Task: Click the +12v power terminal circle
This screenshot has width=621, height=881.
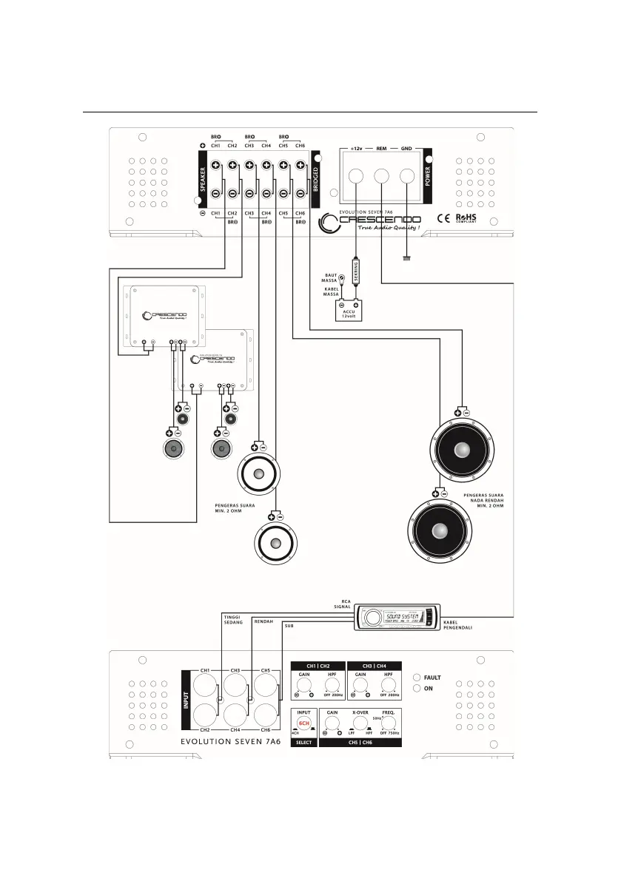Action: [x=356, y=177]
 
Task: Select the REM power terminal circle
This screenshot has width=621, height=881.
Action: [x=382, y=177]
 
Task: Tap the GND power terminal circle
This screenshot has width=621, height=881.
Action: [x=407, y=177]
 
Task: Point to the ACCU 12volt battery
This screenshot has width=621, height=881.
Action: [x=349, y=311]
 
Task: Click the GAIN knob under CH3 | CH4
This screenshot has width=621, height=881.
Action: [x=360, y=686]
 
